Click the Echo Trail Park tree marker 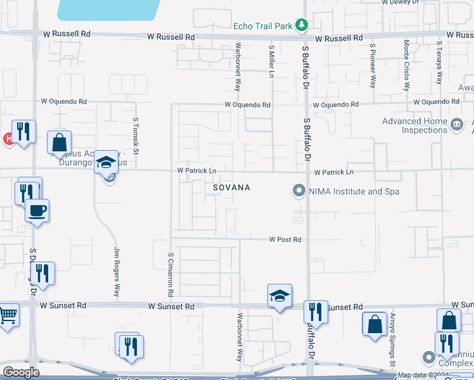click(303, 25)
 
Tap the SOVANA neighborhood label click(231, 188)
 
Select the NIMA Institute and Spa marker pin click(297, 190)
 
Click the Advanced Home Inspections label click(414, 125)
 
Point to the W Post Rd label click(285, 240)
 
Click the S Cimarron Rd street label click(170, 275)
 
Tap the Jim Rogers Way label click(117, 272)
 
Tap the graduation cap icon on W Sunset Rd click(279, 296)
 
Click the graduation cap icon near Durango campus click(106, 161)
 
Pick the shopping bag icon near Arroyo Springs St click(375, 323)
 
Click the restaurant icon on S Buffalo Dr click(315, 312)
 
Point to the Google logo click(21, 372)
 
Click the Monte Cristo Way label click(406, 63)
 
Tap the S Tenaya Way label click(439, 63)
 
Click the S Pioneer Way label click(374, 65)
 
